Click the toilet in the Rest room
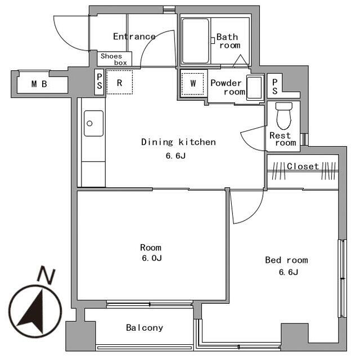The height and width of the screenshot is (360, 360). point(284,116)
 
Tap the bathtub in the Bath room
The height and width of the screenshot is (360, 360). point(196,41)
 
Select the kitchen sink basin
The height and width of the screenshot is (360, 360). point(93,124)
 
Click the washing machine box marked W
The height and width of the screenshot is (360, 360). point(192,84)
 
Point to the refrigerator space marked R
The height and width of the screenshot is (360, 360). point(119,82)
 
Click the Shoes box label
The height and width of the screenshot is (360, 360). point(114,59)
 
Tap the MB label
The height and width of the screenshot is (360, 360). point(39,84)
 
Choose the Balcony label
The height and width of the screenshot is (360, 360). point(145,327)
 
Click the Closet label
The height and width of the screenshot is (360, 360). point(303,166)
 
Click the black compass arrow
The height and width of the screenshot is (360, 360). point(33,311)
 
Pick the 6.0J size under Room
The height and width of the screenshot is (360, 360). point(152,258)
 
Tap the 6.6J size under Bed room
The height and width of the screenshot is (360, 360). point(289,272)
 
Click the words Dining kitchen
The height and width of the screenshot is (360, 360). point(178,142)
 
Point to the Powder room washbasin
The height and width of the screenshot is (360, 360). point(254,87)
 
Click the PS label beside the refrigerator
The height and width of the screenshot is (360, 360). point(100,82)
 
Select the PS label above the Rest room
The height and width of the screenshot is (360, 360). point(275,87)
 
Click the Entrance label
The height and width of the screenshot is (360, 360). point(134,36)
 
